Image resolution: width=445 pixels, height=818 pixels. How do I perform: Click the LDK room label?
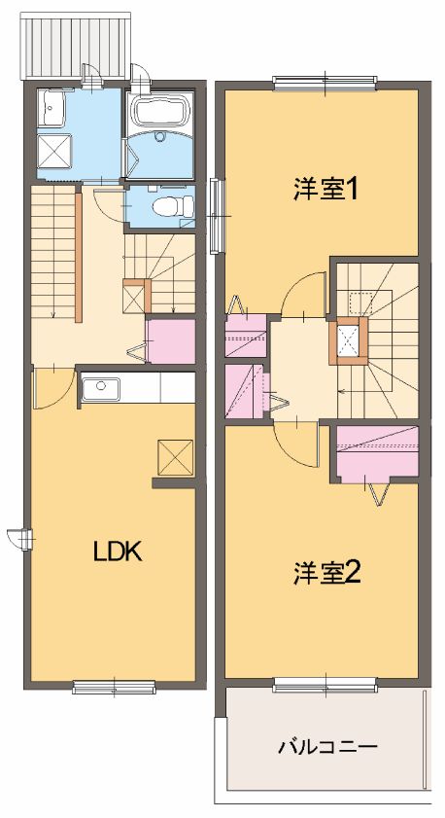click(x=118, y=552)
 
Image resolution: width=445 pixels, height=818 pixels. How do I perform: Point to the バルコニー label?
click(x=327, y=748)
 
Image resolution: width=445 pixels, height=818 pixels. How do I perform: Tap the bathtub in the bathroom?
click(x=161, y=114)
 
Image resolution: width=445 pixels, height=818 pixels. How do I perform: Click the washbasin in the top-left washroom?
click(x=51, y=109)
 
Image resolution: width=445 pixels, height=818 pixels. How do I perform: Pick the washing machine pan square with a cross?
click(x=53, y=152)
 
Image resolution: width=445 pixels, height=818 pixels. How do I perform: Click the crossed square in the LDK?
click(x=175, y=456)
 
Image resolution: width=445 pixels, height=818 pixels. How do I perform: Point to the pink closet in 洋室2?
click(x=377, y=452)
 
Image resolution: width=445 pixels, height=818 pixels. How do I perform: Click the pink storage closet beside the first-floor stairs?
click(x=170, y=340)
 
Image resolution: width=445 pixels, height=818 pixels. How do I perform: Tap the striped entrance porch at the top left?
click(x=74, y=46)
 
